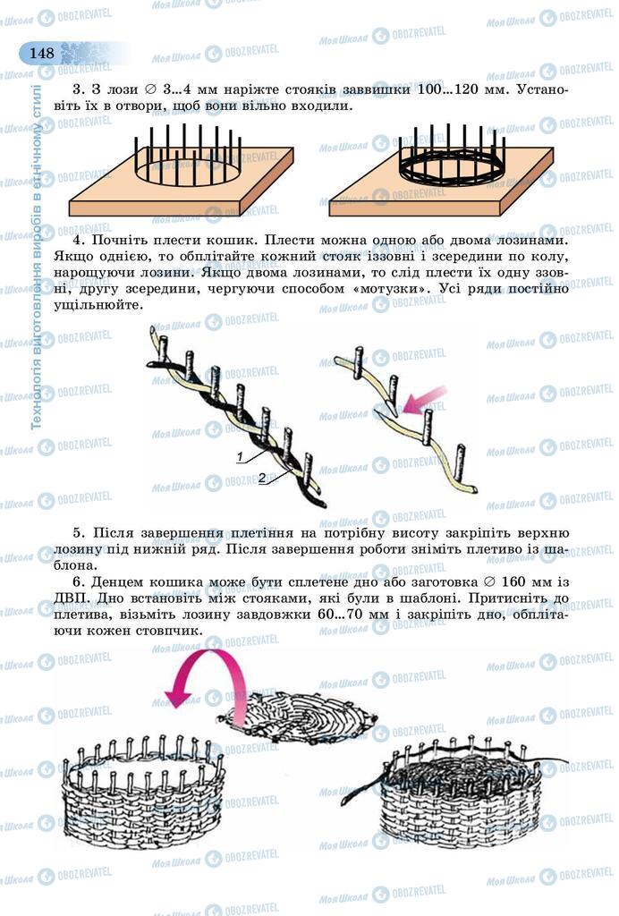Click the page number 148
[x=41, y=53]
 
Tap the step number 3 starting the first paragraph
[x=76, y=89]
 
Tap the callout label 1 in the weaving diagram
[x=241, y=457]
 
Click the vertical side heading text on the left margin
[x=37, y=259]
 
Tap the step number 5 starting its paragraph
[x=78, y=534]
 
